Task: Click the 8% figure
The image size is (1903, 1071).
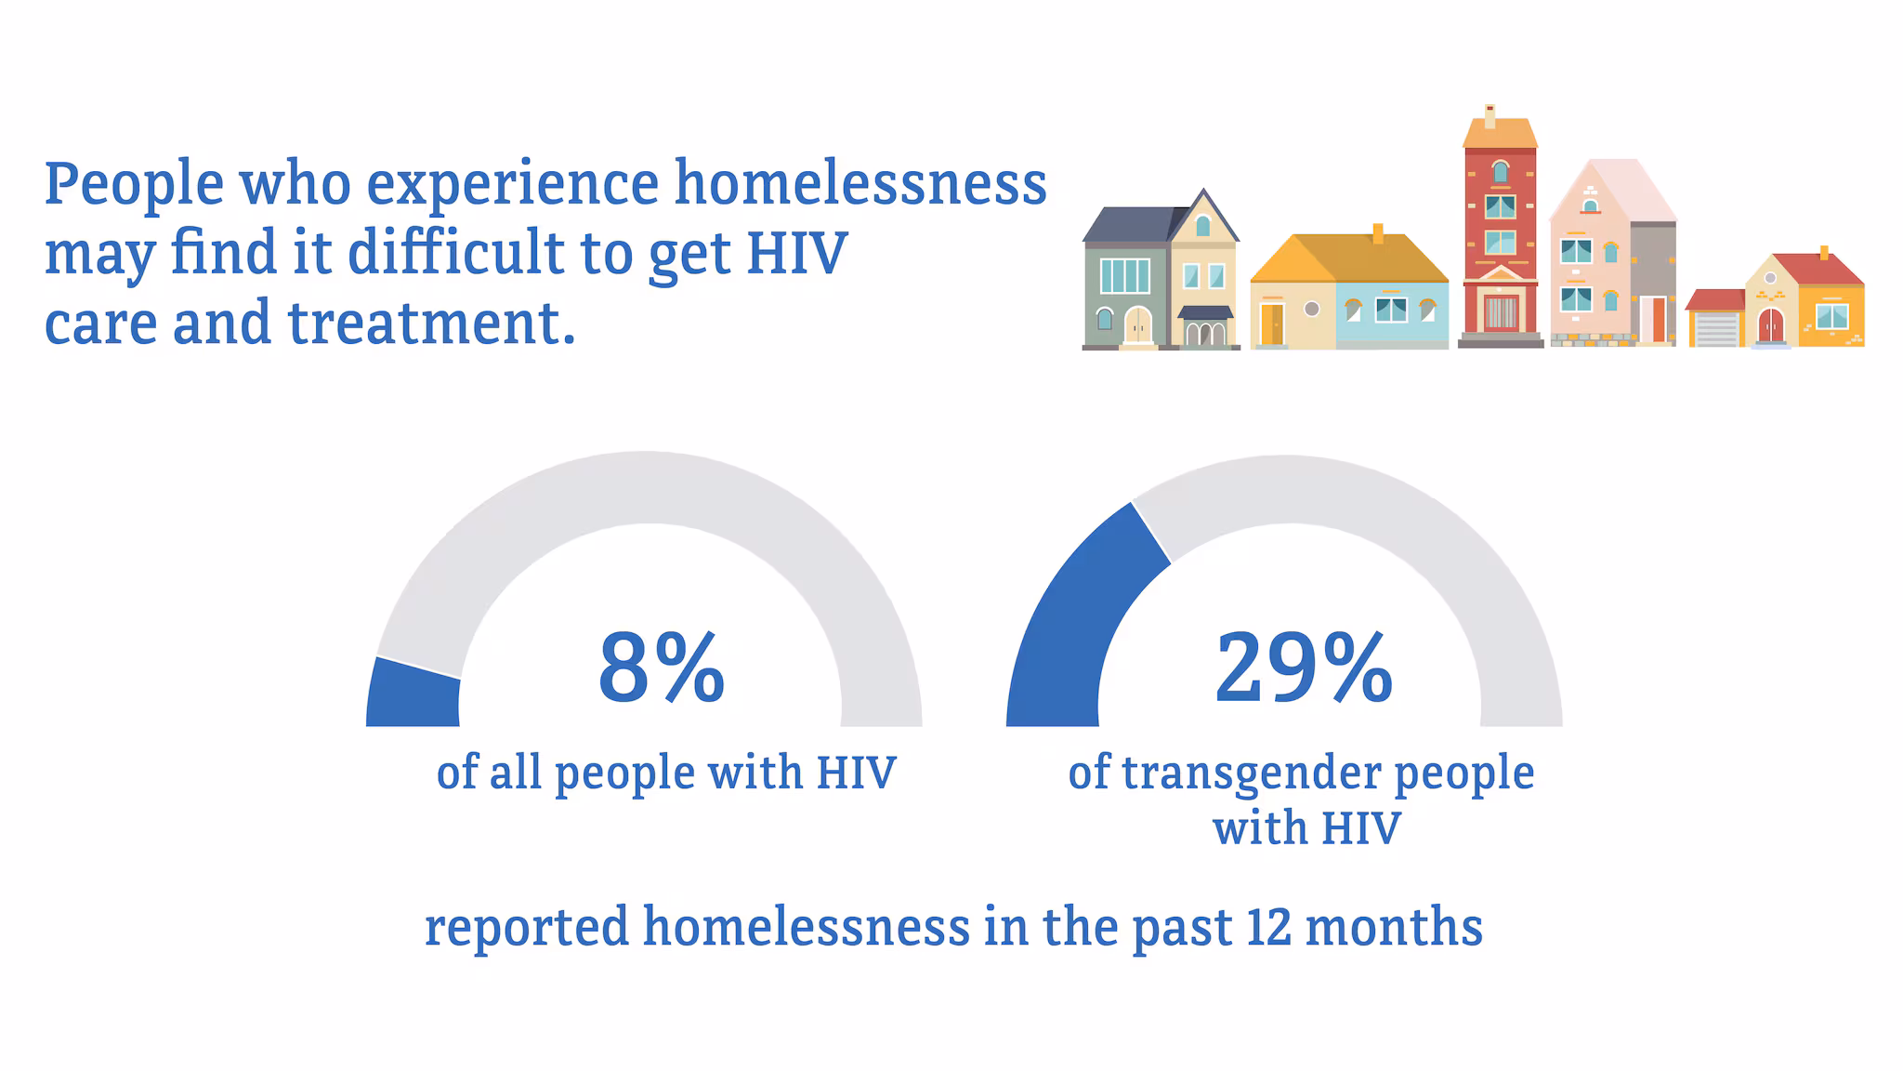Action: pyautogui.click(x=661, y=668)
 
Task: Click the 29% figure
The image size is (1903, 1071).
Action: pyautogui.click(x=1303, y=668)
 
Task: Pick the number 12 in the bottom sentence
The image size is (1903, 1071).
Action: pyautogui.click(x=1269, y=927)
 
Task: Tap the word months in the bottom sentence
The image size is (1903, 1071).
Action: pyautogui.click(x=1394, y=927)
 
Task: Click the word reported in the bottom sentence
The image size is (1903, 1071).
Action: pyautogui.click(x=527, y=929)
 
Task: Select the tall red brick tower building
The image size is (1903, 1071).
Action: pyautogui.click(x=1500, y=242)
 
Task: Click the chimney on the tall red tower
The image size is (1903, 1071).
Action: pyautogui.click(x=1490, y=116)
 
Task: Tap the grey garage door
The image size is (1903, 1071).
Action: pyautogui.click(x=1715, y=329)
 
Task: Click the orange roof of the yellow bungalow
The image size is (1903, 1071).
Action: pyautogui.click(x=1347, y=257)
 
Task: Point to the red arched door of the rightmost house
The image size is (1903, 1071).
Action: pyautogui.click(x=1771, y=326)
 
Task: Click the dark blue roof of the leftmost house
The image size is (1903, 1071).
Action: pyautogui.click(x=1128, y=224)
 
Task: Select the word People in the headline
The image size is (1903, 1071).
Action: pyautogui.click(x=134, y=184)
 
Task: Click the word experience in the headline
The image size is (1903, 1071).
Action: pyautogui.click(x=512, y=184)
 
